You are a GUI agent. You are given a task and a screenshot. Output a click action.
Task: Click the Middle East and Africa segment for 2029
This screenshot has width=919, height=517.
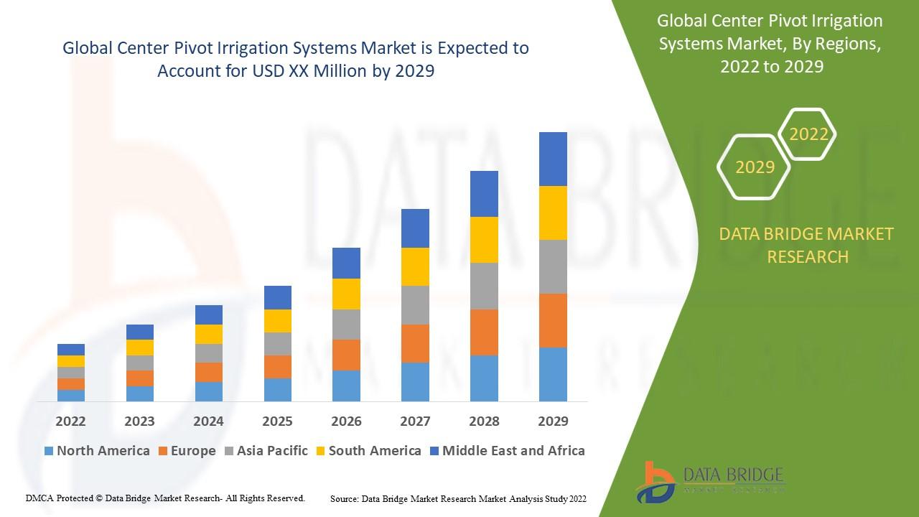click(x=553, y=159)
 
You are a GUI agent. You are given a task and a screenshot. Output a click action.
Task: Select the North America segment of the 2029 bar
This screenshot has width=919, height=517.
click(x=553, y=374)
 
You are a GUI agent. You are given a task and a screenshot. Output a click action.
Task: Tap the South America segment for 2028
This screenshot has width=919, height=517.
click(x=484, y=240)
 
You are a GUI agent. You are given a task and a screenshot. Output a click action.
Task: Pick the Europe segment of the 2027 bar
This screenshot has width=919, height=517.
click(x=415, y=343)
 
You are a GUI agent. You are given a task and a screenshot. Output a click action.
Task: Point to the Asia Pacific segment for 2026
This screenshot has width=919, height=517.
click(x=346, y=325)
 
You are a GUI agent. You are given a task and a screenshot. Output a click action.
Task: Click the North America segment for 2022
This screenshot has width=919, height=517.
click(x=71, y=395)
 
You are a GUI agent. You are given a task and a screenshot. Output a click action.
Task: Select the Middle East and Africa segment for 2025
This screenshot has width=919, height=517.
click(x=278, y=297)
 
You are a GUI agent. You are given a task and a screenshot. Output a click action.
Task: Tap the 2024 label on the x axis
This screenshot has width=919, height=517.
click(x=208, y=421)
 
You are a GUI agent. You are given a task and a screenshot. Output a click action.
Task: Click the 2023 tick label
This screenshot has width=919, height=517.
click(x=139, y=421)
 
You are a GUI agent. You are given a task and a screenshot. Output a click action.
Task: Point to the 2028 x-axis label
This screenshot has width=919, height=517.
click(x=484, y=421)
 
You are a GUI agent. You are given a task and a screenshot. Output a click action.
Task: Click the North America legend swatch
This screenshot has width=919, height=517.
click(x=49, y=451)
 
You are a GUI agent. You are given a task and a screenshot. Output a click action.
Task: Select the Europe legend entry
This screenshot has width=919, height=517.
click(x=185, y=451)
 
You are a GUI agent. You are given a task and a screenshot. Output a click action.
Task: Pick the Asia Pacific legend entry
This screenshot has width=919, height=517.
click(x=266, y=451)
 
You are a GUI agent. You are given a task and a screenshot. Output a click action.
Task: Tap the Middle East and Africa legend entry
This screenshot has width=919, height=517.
click(x=507, y=451)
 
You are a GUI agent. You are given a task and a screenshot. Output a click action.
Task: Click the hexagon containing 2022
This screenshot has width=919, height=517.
click(x=808, y=134)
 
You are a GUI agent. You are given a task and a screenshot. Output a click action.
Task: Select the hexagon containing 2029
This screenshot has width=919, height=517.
click(x=755, y=167)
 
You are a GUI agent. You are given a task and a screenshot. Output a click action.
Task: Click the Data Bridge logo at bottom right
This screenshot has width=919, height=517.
click(x=710, y=480)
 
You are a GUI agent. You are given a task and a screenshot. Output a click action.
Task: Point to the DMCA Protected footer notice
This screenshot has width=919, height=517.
click(x=165, y=498)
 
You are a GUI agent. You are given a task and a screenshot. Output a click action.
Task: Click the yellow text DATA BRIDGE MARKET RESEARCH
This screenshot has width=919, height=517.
click(x=807, y=245)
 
